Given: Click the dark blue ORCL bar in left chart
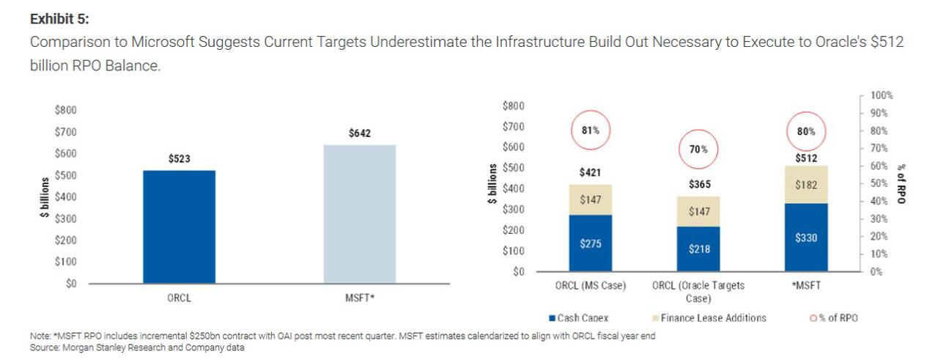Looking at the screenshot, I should (x=179, y=227).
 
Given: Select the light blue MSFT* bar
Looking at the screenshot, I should (x=359, y=213).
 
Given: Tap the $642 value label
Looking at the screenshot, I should (x=359, y=133).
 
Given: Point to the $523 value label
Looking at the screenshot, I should (x=179, y=158).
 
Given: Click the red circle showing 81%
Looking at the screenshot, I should (x=590, y=131).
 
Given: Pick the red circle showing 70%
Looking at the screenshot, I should (x=698, y=150).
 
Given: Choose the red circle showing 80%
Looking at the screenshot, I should (x=805, y=132).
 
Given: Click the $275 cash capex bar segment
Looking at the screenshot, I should (x=590, y=243).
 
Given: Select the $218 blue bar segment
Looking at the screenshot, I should (x=698, y=249).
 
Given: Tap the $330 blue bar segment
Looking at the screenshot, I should (x=805, y=238).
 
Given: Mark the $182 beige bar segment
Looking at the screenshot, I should (x=805, y=185).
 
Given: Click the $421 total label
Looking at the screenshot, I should (x=590, y=172).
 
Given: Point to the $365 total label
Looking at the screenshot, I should (x=698, y=184).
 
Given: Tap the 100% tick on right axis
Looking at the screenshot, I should (x=882, y=96).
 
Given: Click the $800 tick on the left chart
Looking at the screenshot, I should (x=66, y=110).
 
